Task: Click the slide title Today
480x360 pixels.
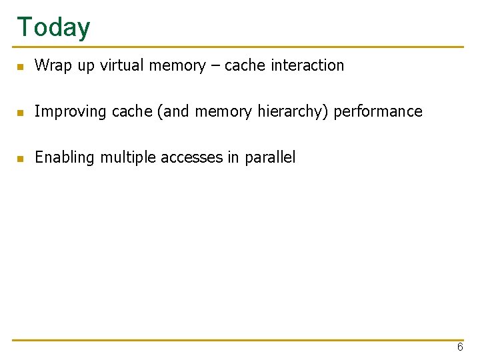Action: pyautogui.click(x=53, y=27)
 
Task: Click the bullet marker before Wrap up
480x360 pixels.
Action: pyautogui.click(x=21, y=67)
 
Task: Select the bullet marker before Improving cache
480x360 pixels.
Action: pyautogui.click(x=21, y=113)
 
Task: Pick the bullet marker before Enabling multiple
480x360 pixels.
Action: pyautogui.click(x=21, y=159)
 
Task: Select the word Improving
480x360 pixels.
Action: pyautogui.click(x=71, y=111)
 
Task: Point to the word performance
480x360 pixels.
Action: pyautogui.click(x=378, y=111)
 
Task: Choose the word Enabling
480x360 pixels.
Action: pyautogui.click(x=65, y=157)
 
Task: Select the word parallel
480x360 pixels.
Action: pyautogui.click(x=270, y=157)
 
